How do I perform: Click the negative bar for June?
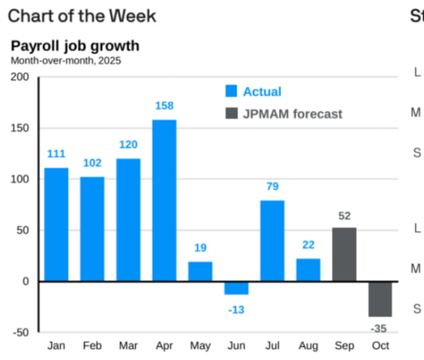pos(236,288)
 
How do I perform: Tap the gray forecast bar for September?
pos(344,254)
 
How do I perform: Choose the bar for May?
pos(200,271)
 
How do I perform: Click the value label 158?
pos(164,106)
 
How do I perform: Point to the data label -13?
pos(236,309)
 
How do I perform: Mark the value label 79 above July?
pos(272,187)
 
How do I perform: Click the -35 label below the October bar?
pos(380,328)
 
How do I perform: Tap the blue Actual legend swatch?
pos(231,92)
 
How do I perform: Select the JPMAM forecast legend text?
pos(293,114)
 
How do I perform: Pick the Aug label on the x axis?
pos(308,345)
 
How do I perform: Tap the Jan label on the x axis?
pos(56,345)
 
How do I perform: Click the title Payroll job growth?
pos(75,46)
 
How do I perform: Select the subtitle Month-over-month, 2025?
pos(65,60)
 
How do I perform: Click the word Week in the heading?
pos(133,15)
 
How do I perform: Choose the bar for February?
pos(92,229)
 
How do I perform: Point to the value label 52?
pos(344,216)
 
